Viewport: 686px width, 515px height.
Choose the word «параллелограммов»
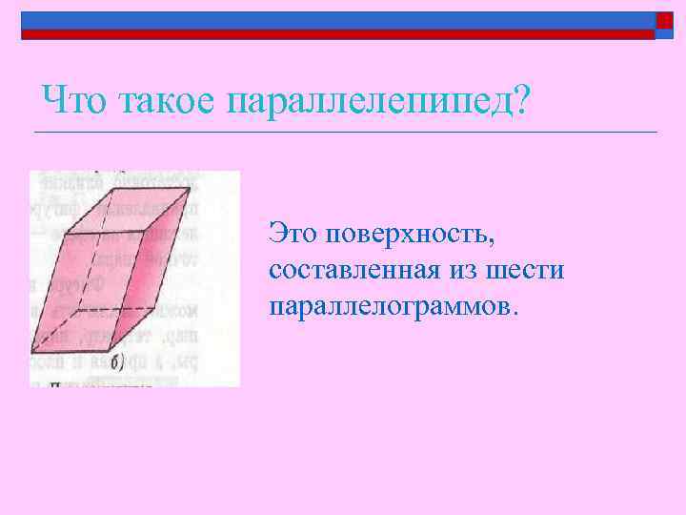click(x=393, y=307)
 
